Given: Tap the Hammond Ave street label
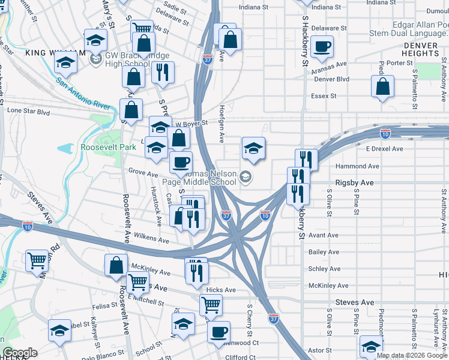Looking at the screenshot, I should coord(357,166).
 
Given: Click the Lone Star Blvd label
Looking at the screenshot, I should coord(28,111).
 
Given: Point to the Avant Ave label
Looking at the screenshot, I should coord(324,235).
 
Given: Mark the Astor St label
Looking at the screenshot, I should coord(319,350).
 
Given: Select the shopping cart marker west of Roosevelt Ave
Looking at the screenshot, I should coord(37,260).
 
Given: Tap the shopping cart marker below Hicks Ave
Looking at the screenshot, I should coord(211,305).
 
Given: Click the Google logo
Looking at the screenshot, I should coord(20,353).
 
